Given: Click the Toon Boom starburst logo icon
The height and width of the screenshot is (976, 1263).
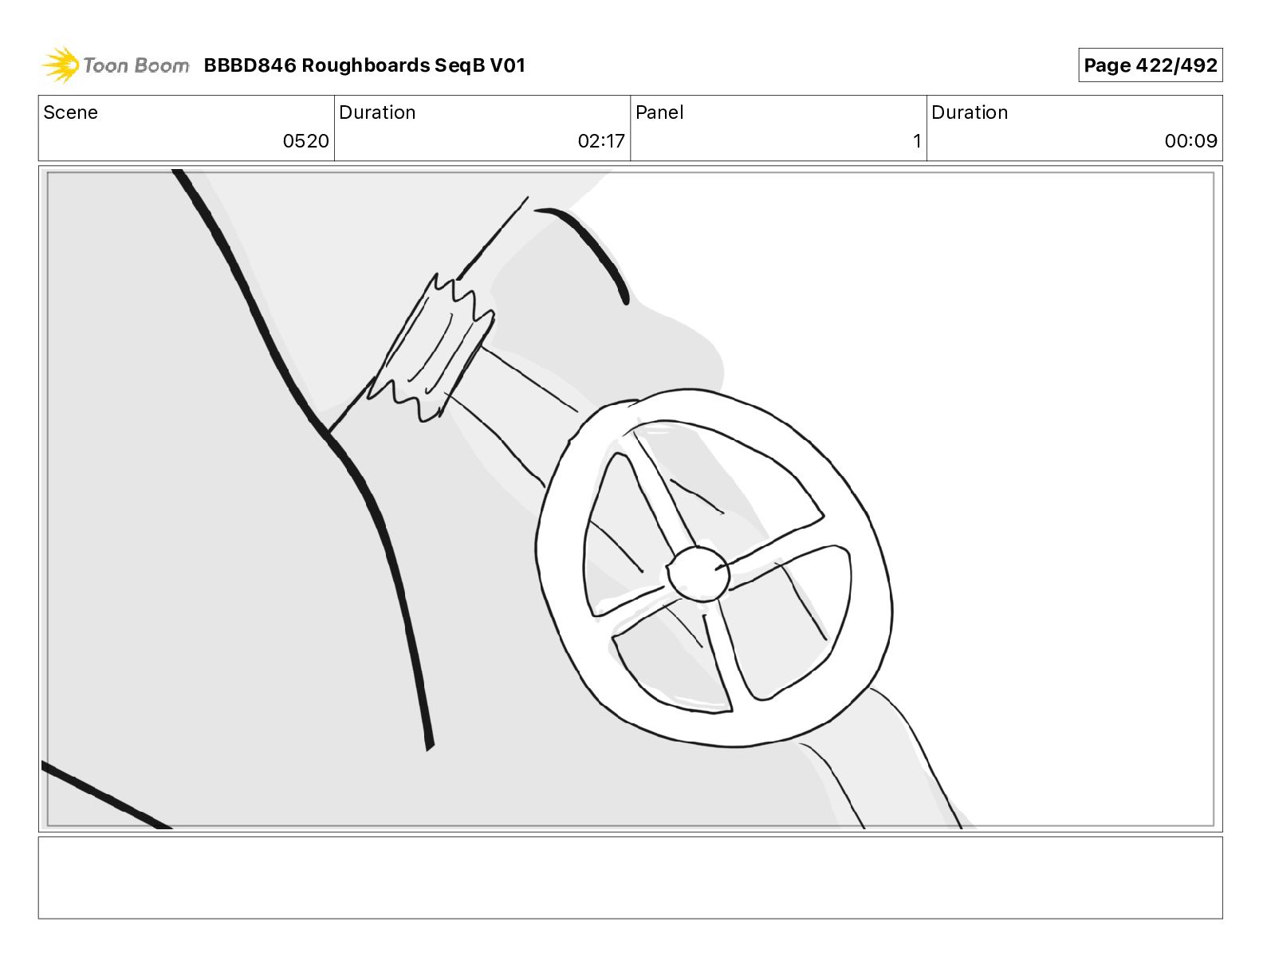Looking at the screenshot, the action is (60, 65).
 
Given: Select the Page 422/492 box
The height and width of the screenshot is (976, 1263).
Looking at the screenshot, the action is (1151, 65).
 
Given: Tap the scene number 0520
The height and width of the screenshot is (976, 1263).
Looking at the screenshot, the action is (305, 140).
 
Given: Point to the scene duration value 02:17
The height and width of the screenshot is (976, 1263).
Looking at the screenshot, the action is (601, 140).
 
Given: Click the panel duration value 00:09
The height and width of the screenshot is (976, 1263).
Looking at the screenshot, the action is (1191, 140).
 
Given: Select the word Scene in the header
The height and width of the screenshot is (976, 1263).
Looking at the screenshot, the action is (70, 112).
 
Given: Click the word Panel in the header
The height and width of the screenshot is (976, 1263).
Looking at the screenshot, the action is (659, 112).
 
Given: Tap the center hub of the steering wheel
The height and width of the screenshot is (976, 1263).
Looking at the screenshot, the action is (698, 573).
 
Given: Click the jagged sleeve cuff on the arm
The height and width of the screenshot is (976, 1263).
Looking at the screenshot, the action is (431, 348).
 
